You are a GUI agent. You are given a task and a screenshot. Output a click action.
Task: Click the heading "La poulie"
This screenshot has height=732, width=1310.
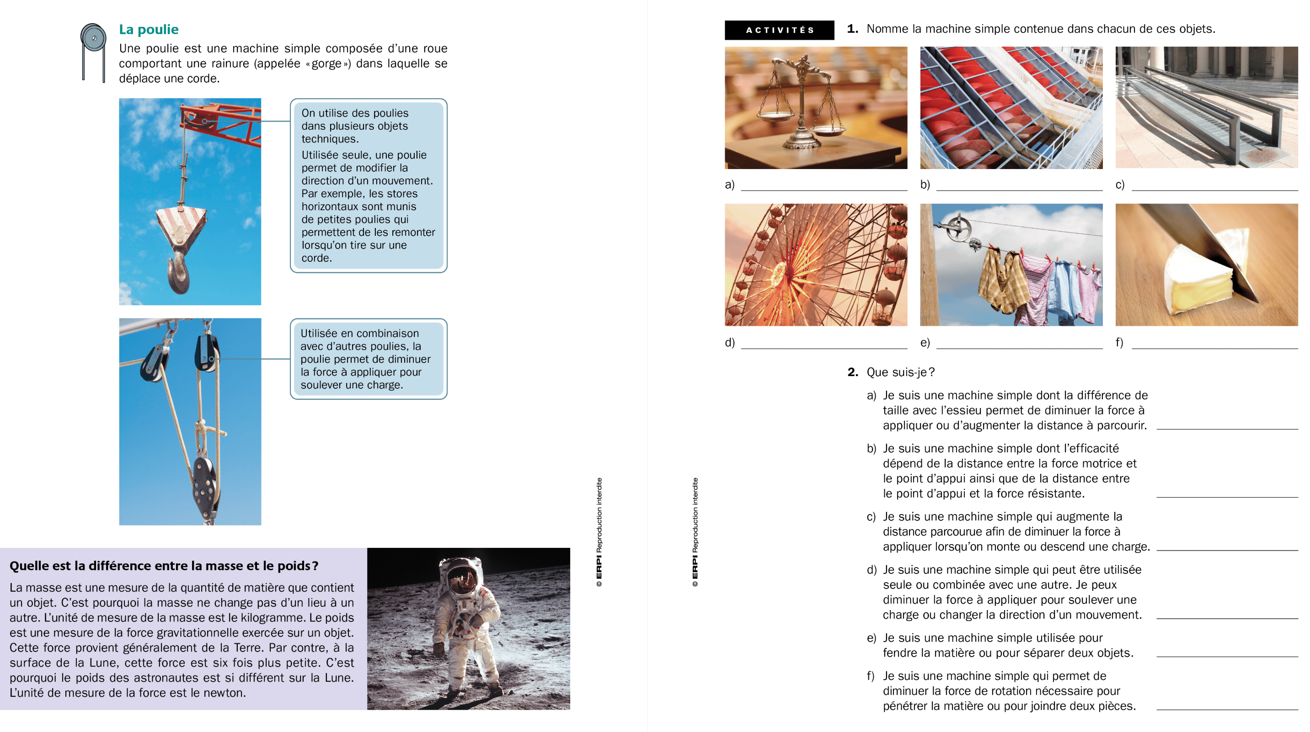[149, 30]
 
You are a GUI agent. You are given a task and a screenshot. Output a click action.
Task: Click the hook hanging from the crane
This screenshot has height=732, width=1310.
[179, 272]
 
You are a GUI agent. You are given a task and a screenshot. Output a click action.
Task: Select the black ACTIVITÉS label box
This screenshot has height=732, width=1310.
[779, 30]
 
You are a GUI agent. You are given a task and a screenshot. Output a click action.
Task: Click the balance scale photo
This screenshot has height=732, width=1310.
[816, 108]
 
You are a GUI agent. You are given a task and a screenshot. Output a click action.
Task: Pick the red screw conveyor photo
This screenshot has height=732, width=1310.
[1011, 108]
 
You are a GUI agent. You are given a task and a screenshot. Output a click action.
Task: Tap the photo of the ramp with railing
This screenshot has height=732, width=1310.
[1206, 108]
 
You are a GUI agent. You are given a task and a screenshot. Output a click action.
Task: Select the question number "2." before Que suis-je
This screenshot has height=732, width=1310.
[853, 372]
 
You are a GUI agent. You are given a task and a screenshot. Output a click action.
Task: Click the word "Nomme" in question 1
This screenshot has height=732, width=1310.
[888, 29]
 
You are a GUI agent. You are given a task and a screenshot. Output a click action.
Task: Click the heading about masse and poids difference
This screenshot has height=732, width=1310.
[164, 566]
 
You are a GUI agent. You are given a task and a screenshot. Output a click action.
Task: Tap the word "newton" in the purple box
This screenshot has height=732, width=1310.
[224, 693]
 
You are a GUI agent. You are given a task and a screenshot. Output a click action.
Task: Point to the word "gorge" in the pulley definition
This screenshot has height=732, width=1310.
[326, 64]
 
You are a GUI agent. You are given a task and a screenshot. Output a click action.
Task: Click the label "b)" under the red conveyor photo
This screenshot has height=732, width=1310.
[925, 185]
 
